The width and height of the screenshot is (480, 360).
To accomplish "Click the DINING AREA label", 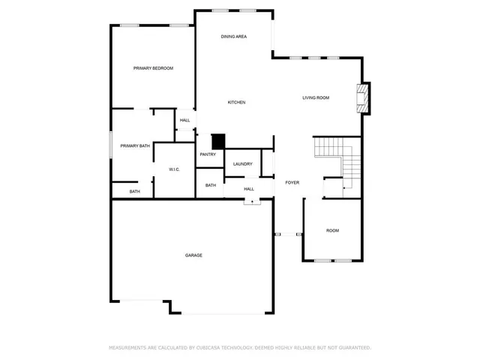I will pyautogui.click(x=234, y=37).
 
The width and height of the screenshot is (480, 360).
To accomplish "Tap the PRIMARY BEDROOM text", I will pyautogui.click(x=153, y=68).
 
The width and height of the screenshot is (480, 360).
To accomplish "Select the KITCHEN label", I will pyautogui.click(x=237, y=102).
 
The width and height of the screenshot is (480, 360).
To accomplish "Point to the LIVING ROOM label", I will pyautogui.click(x=316, y=97).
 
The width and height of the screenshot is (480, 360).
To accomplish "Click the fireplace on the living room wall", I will pyautogui.click(x=364, y=98).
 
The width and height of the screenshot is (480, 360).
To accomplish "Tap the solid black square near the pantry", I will pyautogui.click(x=218, y=141).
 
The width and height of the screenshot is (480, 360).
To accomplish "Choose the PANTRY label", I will pyautogui.click(x=208, y=154).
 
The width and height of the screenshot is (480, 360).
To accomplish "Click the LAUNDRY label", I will pyautogui.click(x=242, y=163).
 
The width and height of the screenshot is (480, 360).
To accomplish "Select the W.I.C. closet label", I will pyautogui.click(x=174, y=169).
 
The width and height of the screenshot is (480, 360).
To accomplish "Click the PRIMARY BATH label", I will pyautogui.click(x=135, y=145).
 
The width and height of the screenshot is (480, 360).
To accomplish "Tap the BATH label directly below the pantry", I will pyautogui.click(x=211, y=185).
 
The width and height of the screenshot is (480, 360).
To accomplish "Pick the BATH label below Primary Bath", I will pyautogui.click(x=134, y=191).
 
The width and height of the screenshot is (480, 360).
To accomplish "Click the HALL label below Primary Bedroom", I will pyautogui.click(x=184, y=120).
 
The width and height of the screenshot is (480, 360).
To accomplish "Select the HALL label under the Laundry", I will pyautogui.click(x=249, y=189).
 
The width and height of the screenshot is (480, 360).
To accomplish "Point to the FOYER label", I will pyautogui.click(x=292, y=182).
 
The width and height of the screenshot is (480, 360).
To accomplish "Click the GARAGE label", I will pyautogui.click(x=193, y=255).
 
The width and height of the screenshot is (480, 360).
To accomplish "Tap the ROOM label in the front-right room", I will pyautogui.click(x=332, y=230).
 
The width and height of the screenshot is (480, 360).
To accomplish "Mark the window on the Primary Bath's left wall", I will pyautogui.click(x=112, y=145).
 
